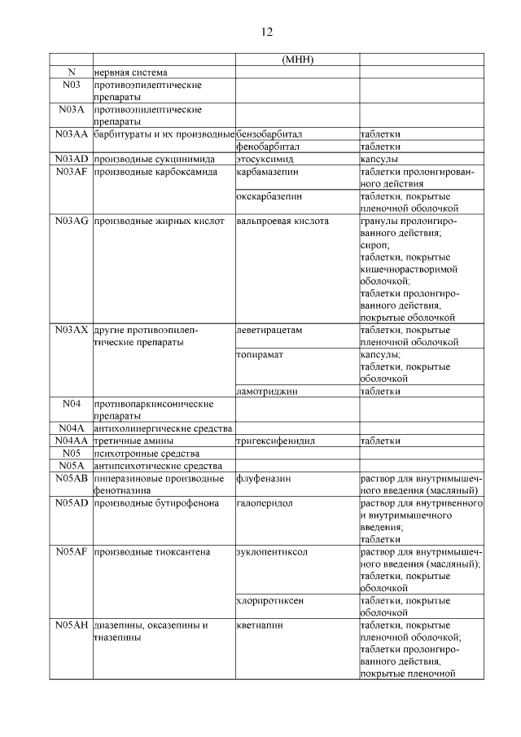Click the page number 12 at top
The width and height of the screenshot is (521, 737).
click(266, 32)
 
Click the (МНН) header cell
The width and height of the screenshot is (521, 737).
click(297, 60)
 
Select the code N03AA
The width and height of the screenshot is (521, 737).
click(71, 134)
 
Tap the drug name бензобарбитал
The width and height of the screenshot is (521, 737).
click(269, 134)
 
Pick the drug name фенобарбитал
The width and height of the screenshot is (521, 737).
click(268, 147)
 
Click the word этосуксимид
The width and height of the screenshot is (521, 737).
click(265, 160)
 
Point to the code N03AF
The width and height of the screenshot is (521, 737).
click(71, 173)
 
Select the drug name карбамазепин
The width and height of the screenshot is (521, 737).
click(267, 173)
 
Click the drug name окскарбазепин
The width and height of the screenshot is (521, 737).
click(269, 196)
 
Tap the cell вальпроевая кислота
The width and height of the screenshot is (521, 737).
click(282, 221)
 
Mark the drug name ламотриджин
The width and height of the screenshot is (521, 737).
click(267, 392)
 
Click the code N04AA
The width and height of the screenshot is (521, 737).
click(71, 441)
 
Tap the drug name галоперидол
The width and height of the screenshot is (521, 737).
click(265, 503)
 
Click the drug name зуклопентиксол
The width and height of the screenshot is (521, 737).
click(270, 552)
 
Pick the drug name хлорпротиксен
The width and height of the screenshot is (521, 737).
click(270, 600)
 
